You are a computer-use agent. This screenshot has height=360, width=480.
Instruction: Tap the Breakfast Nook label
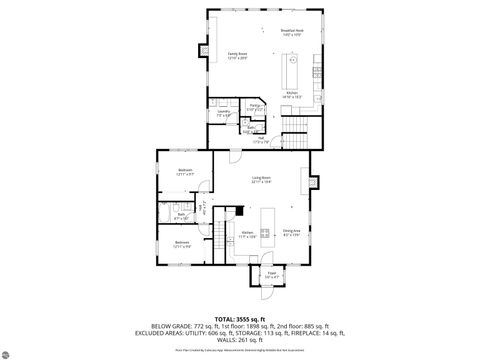pyautogui.click(x=291, y=32)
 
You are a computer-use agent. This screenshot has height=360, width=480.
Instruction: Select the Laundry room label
pyautogui.click(x=223, y=113)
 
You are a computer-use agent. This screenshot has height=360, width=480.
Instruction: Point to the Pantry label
pyautogui.click(x=255, y=106)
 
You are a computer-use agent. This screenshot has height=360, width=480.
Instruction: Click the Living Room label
pyautogui.click(x=262, y=180)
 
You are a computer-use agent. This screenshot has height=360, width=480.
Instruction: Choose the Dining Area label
pyautogui.click(x=291, y=232)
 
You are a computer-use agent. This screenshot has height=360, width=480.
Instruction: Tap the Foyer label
pyautogui.click(x=271, y=273)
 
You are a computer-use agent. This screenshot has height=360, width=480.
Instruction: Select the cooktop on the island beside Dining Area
pyautogui.click(x=266, y=238)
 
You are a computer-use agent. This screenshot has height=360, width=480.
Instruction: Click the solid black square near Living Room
pyautogui.click(x=240, y=211)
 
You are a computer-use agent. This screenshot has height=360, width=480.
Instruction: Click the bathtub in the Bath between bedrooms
pyautogui.click(x=166, y=218)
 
